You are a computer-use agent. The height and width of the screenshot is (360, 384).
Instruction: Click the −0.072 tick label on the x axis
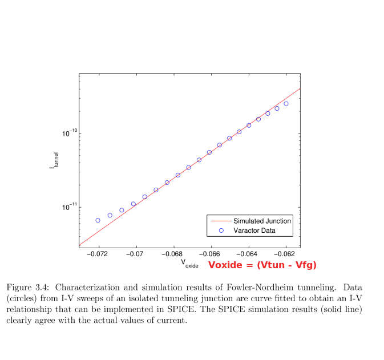(98, 253)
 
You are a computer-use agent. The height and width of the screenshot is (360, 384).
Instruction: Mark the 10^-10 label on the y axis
(69, 133)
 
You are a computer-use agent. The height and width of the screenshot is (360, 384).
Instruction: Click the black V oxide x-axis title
(189, 263)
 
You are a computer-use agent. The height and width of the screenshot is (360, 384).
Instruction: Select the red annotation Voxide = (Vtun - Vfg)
(262, 265)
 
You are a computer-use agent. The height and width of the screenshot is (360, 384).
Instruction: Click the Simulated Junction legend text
(262, 221)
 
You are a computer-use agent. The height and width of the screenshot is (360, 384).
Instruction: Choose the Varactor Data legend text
(254, 230)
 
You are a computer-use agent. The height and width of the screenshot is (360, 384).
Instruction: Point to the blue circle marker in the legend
(220, 230)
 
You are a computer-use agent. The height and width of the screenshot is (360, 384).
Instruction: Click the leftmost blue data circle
(98, 220)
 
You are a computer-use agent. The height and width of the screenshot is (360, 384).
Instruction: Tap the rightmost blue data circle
(286, 104)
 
